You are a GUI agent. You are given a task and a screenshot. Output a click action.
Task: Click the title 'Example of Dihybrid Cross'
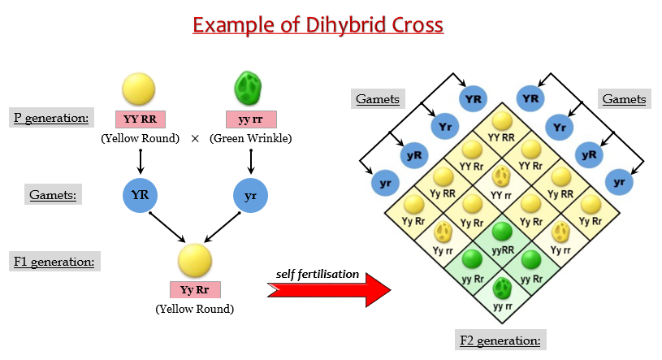click(318, 25)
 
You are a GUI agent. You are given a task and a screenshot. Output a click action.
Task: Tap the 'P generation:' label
click(51, 118)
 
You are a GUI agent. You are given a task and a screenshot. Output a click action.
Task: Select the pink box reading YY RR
click(141, 119)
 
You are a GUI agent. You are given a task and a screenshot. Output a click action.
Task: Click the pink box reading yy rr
click(251, 119)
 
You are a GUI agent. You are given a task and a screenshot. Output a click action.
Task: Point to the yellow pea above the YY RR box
click(138, 89)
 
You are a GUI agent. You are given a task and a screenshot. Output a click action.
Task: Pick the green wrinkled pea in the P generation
click(249, 88)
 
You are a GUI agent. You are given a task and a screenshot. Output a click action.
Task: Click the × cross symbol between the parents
click(195, 139)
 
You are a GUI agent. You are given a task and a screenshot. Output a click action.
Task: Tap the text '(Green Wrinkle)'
click(251, 139)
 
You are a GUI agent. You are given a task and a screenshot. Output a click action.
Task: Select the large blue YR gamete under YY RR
click(141, 195)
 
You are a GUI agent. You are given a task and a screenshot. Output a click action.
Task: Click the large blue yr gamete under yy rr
click(250, 195)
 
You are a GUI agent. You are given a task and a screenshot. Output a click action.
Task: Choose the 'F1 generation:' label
click(54, 262)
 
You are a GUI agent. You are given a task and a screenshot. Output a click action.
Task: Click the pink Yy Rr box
click(195, 290)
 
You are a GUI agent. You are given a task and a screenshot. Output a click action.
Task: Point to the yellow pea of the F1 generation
click(195, 261)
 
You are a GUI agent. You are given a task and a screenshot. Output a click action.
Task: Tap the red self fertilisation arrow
click(329, 290)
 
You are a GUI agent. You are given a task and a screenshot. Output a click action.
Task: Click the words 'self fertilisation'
click(318, 274)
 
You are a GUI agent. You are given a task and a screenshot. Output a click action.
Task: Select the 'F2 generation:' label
click(500, 340)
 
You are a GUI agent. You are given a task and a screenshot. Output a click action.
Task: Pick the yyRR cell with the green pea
click(503, 243)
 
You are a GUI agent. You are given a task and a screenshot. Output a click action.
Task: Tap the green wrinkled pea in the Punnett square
click(503, 288)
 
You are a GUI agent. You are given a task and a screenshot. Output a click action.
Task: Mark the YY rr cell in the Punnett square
click(501, 187)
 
